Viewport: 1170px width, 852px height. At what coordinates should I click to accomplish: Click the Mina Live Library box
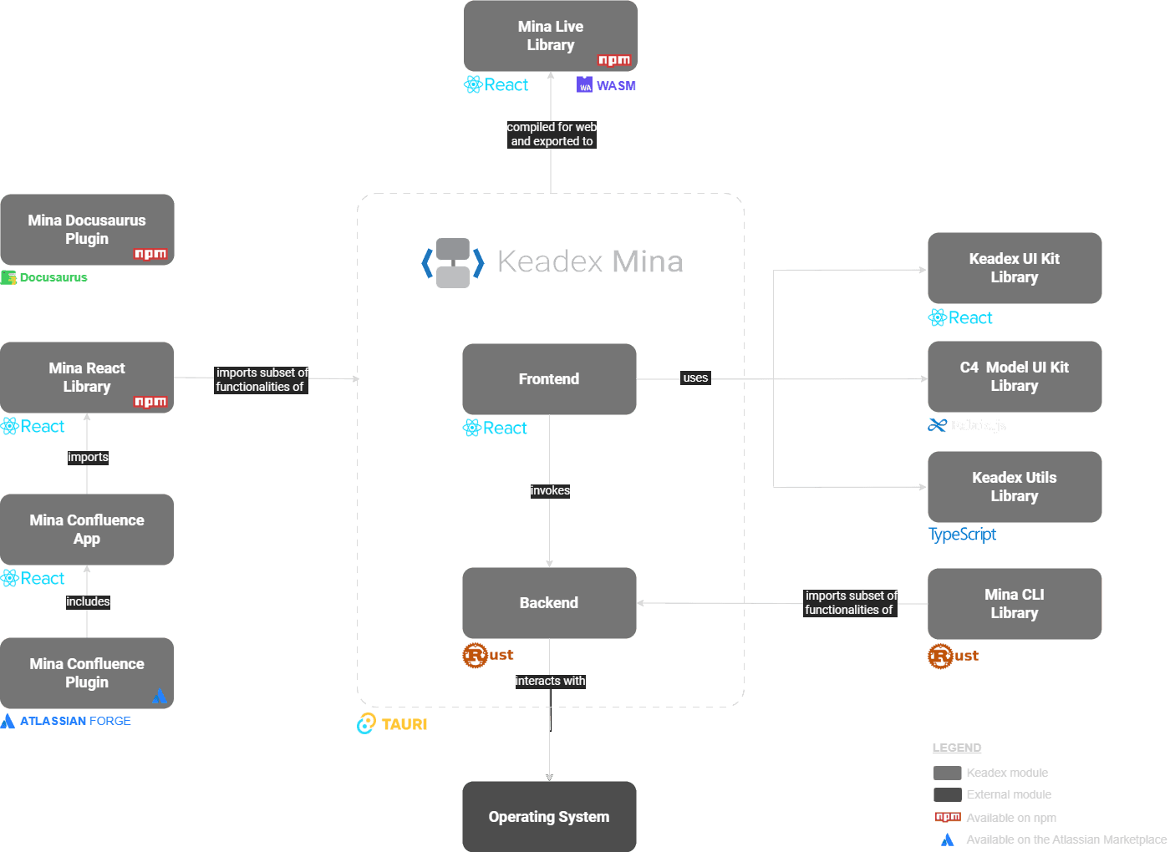tap(550, 36)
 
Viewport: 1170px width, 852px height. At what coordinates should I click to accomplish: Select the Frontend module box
tap(549, 379)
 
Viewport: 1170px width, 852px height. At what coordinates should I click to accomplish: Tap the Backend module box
tap(549, 603)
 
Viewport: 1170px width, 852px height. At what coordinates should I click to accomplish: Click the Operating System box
tap(549, 817)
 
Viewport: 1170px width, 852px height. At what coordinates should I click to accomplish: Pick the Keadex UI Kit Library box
tap(1014, 268)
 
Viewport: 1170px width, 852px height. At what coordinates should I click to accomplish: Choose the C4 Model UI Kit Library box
tap(1014, 377)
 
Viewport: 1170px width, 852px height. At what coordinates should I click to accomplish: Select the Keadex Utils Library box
tap(1014, 487)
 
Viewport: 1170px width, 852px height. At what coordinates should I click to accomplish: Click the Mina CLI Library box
tap(1014, 604)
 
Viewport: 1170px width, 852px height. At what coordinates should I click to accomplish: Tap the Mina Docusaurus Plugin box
tap(87, 230)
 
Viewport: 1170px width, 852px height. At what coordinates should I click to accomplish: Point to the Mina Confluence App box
tap(87, 530)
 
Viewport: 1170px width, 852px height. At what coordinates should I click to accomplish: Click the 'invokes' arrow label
tap(550, 490)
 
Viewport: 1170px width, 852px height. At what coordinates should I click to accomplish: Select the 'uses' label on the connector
tap(695, 378)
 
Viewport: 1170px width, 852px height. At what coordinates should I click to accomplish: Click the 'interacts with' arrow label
tap(550, 681)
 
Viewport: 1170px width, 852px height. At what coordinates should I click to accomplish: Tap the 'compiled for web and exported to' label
tap(552, 134)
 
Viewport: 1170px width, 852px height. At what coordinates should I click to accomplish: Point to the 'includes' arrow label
tap(88, 601)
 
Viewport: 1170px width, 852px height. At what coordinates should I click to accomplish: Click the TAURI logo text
tap(404, 724)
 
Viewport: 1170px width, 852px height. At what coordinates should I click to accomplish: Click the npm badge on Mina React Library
tap(150, 402)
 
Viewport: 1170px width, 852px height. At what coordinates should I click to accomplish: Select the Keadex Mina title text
tap(589, 261)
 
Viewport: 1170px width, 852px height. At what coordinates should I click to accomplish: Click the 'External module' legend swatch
tap(947, 794)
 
